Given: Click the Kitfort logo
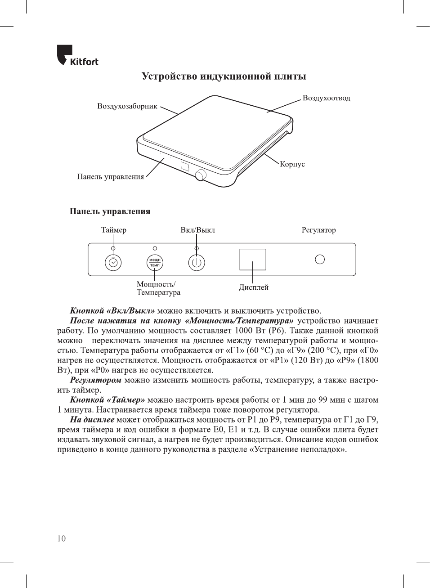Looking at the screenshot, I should pos(77,55).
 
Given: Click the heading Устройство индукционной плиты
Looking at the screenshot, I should pos(224,76).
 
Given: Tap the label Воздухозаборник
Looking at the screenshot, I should pos(127,106).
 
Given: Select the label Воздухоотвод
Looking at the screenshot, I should pos(326,98).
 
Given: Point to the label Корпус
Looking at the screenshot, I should pos(292,164).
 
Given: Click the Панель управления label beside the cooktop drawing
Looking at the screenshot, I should pos(110,177).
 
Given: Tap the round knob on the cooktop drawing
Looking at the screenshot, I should pos(200,175).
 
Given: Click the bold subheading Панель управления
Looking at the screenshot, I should pos(110,211).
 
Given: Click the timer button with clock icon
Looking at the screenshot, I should pos(113,263).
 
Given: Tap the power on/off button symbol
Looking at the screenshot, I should pos(197,263).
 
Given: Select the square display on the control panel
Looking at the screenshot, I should pos(253,260).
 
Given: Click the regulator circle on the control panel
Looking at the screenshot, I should pos(320,259).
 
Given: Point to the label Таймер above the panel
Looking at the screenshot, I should pos(113,230).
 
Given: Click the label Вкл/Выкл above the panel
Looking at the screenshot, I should pos(197,230).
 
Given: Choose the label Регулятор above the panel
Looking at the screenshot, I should pos(318,230).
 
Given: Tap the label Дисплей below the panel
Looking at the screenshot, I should pos(254,287).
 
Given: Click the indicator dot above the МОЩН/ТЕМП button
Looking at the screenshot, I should pos(155,248).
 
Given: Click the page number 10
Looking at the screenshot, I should pos(61,539).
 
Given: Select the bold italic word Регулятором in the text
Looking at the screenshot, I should pos(95,380).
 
